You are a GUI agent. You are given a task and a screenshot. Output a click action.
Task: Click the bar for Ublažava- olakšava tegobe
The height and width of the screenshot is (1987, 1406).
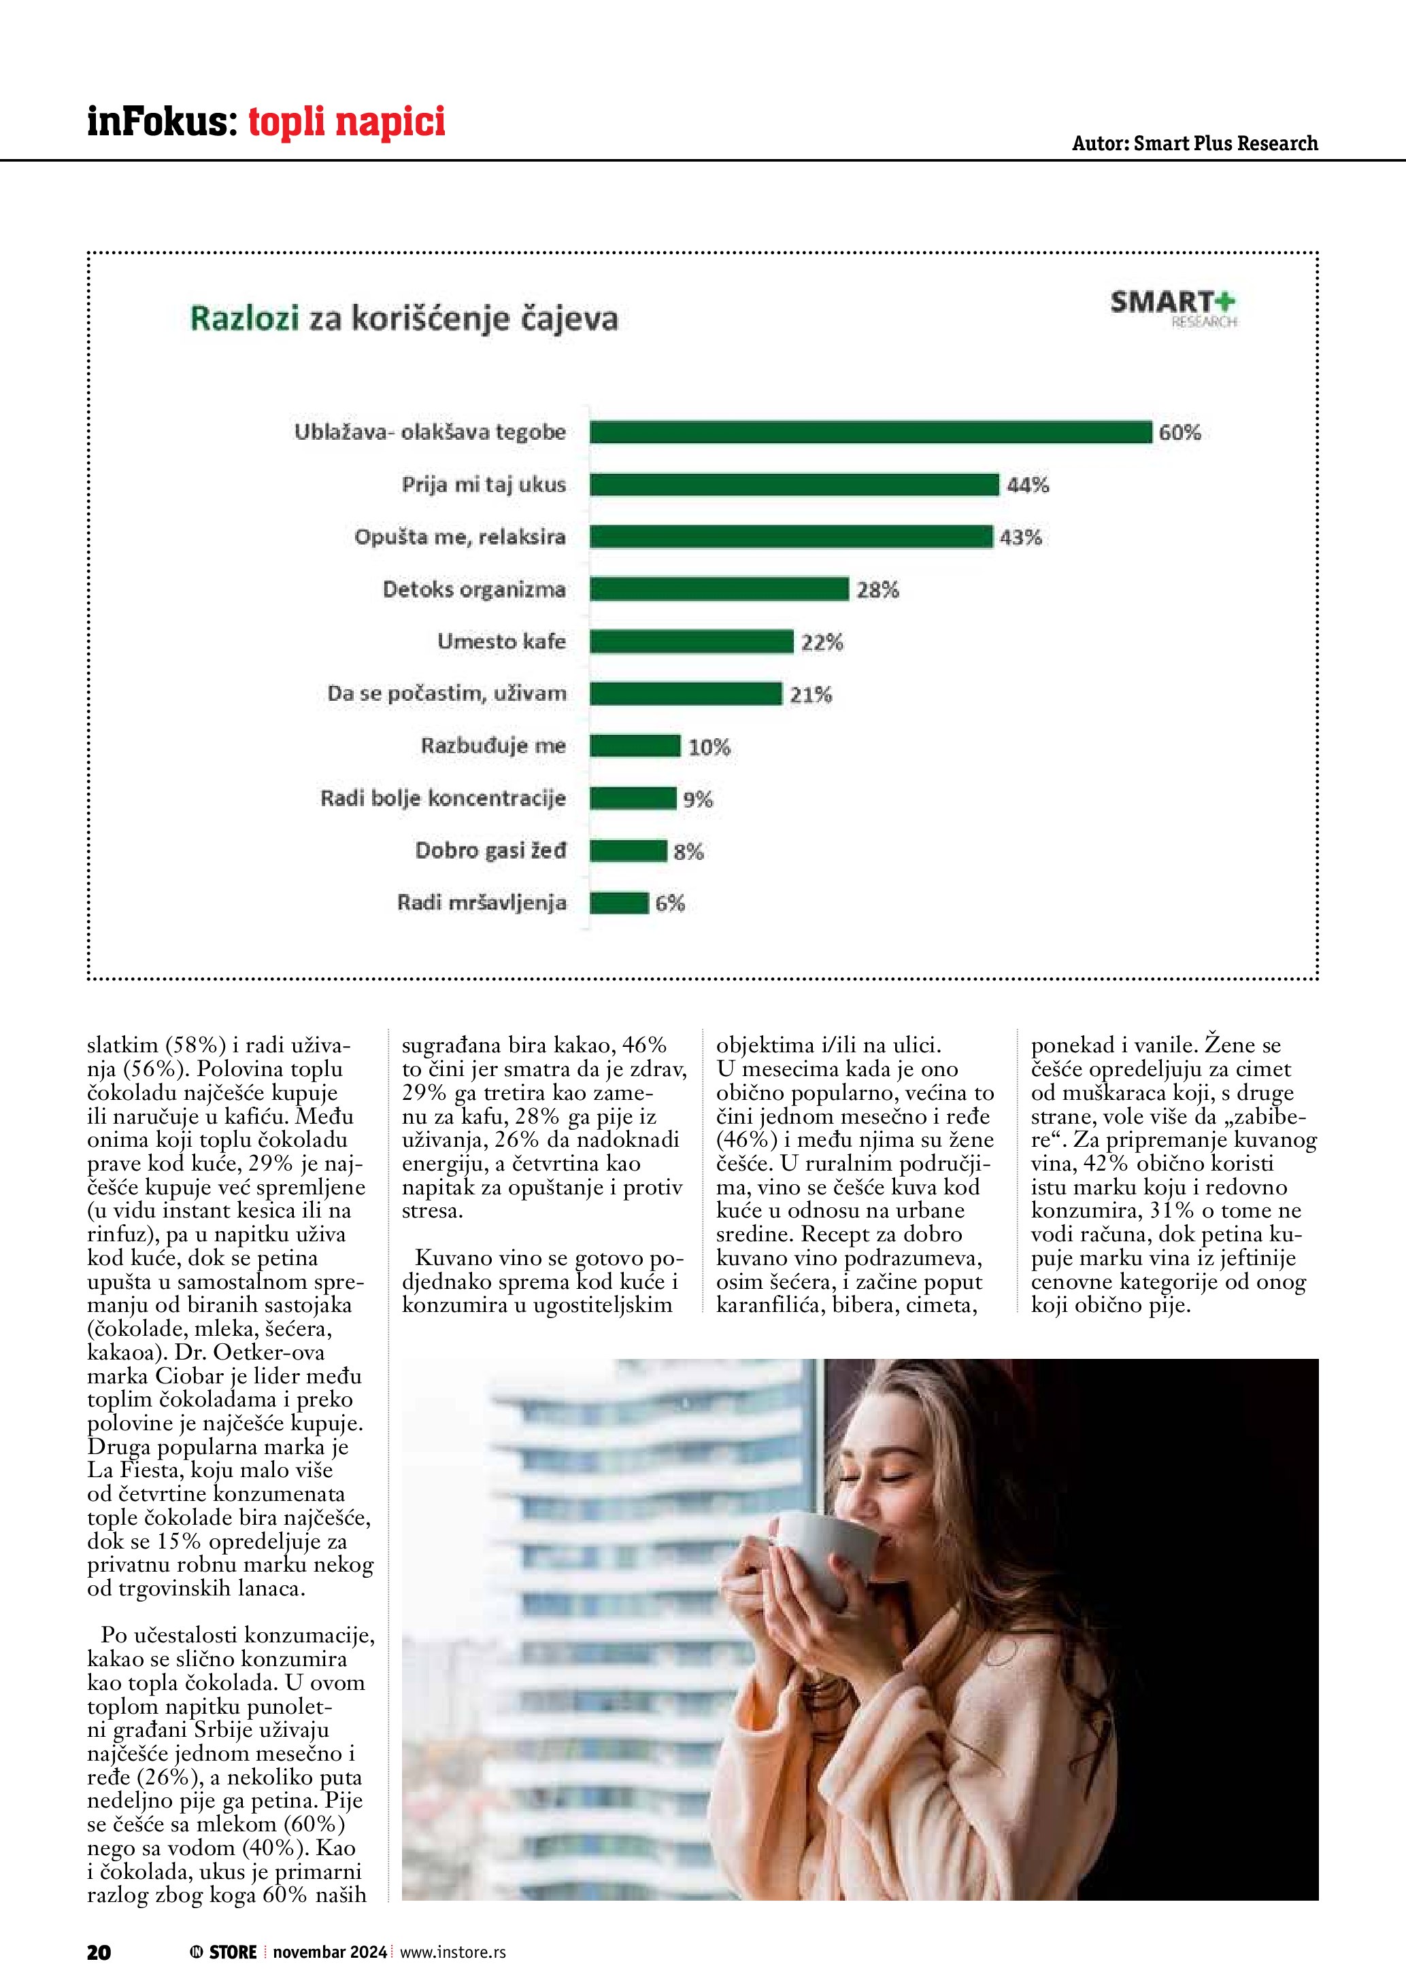tap(870, 432)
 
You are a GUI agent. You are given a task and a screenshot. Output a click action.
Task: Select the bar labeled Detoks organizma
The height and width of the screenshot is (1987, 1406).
tap(718, 589)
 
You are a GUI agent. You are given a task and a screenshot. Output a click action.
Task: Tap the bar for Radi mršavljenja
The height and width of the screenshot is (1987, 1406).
tap(619, 903)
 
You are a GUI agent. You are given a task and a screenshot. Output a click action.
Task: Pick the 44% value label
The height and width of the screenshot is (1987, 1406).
tap(1028, 485)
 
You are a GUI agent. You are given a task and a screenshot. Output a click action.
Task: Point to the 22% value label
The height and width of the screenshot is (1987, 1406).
tap(822, 642)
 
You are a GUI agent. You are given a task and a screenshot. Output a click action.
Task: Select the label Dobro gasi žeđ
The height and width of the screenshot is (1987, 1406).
tap(490, 850)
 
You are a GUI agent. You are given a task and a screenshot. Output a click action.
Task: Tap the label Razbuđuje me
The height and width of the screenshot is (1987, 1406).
tap(492, 746)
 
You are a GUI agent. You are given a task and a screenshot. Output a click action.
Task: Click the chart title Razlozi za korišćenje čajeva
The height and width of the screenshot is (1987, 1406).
tap(403, 318)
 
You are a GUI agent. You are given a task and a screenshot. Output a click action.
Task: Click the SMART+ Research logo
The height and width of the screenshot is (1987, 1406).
tap(1173, 308)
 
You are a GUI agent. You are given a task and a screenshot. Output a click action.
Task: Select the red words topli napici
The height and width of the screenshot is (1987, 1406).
tap(346, 121)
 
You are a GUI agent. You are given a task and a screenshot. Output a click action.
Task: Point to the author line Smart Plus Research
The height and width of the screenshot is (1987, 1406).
tap(1194, 143)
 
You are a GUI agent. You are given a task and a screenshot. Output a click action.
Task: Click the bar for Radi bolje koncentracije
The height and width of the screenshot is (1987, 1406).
tap(633, 798)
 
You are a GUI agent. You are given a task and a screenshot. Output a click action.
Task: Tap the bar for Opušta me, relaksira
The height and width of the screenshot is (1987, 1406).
tap(790, 536)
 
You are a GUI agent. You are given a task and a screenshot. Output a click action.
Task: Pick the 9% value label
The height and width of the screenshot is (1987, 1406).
tap(698, 799)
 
